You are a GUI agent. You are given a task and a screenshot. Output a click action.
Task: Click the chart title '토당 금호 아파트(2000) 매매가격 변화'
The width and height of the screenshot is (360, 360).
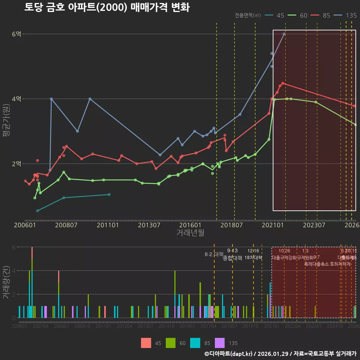point(107,7)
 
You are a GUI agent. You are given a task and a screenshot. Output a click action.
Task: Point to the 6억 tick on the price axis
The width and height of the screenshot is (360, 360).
point(16,34)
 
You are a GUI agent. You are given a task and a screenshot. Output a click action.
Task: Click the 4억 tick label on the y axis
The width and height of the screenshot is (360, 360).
point(16,99)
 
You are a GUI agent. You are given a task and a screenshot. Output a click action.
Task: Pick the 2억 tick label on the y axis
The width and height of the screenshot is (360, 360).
point(16,164)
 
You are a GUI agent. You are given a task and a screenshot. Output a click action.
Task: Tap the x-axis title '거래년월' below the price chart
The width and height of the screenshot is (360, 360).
point(190,233)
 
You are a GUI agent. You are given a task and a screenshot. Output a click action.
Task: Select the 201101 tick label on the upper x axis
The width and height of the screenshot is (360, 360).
point(108,225)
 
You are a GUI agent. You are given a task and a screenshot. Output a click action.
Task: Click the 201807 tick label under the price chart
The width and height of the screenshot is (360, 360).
point(231,225)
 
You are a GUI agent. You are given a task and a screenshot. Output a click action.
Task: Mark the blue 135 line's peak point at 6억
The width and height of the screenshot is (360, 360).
point(284,34)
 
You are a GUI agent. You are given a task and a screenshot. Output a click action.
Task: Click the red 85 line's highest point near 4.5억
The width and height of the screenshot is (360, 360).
point(283,83)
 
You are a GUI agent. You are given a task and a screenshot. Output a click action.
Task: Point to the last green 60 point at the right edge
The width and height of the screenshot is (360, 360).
point(355,124)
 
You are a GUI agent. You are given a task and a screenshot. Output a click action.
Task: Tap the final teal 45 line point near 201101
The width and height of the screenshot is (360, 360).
point(109,194)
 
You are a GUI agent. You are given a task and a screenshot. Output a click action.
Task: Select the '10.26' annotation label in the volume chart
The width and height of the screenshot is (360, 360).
point(284,251)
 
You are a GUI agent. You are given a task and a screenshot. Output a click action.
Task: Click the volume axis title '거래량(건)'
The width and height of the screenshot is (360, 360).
point(6,282)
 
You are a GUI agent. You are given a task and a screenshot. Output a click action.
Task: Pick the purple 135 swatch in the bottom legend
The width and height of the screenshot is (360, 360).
point(220,343)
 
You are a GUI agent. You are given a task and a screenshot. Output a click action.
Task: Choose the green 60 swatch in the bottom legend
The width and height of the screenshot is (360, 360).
point(171,343)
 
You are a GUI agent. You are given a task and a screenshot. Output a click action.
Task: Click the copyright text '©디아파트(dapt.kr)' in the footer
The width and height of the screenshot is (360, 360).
point(229,354)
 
